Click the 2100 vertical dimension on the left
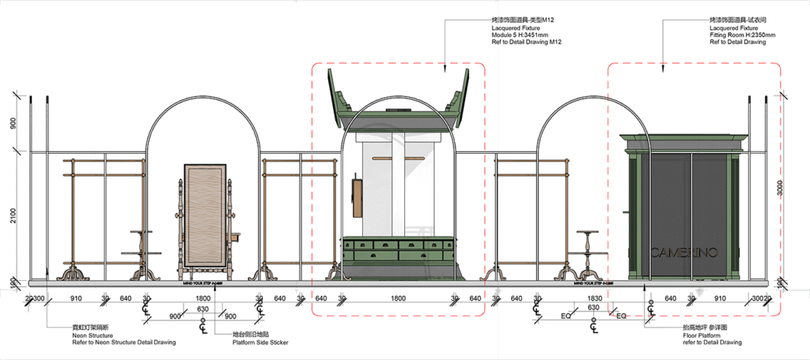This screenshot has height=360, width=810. [13, 215]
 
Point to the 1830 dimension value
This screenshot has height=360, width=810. [594, 298]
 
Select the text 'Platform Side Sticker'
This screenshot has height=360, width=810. [260, 343]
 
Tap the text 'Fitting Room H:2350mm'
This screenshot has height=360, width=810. [743, 36]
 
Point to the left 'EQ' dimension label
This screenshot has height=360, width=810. [566, 316]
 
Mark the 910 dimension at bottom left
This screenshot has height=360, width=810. [77, 298]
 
